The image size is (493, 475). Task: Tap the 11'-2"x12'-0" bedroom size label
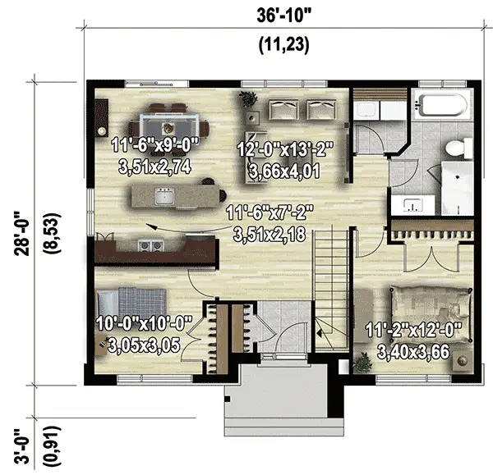pos(413,334)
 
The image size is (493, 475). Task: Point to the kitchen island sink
pos(165,197)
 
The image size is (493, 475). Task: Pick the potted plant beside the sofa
pos(246,98)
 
